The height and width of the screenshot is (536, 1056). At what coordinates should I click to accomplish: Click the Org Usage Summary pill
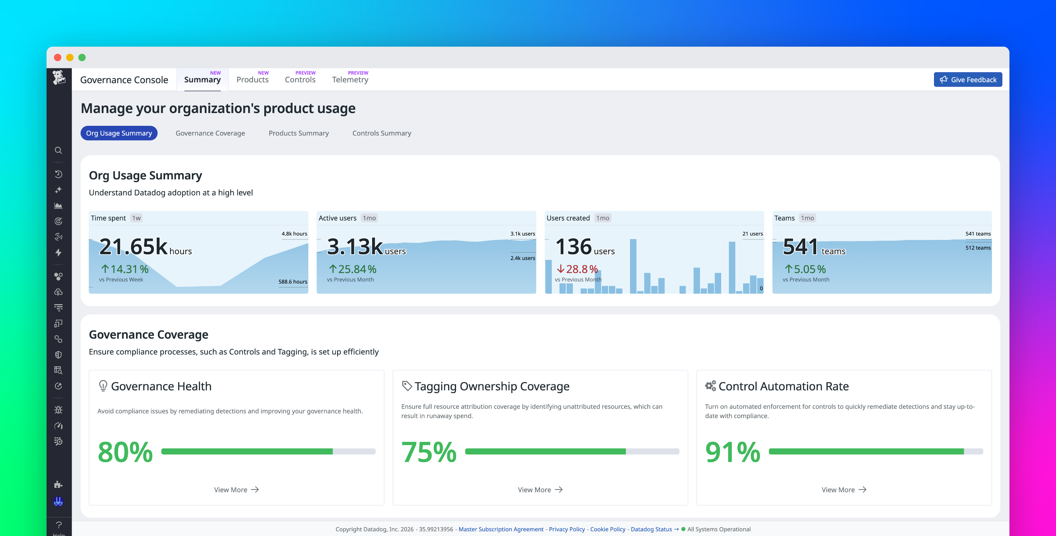click(x=119, y=133)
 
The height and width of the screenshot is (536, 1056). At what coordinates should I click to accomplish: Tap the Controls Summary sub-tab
click(x=381, y=133)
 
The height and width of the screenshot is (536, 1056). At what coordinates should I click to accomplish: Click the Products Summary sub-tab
click(x=298, y=133)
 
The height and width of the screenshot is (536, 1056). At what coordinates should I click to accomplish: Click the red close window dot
click(x=58, y=57)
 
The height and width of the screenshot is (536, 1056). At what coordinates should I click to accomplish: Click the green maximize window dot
click(x=82, y=57)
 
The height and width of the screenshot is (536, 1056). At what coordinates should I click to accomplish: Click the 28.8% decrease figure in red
click(x=577, y=269)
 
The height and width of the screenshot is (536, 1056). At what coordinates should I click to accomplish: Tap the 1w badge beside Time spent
click(x=136, y=218)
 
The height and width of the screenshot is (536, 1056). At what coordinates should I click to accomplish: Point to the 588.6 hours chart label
click(x=292, y=282)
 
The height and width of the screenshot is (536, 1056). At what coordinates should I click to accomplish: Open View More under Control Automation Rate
click(x=843, y=490)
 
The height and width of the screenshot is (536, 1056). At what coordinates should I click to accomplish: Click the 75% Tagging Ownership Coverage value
click(x=429, y=452)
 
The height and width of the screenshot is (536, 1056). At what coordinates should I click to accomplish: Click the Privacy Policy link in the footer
click(x=567, y=529)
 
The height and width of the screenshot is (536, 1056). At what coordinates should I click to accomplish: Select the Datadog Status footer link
click(x=651, y=529)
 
